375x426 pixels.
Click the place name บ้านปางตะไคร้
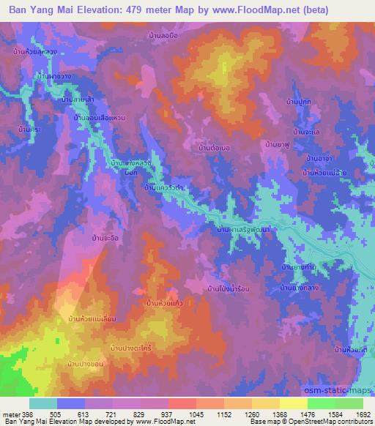coord(136,345)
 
